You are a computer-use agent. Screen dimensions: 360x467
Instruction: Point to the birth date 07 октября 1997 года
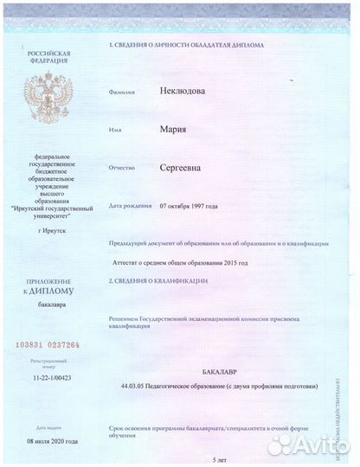point(189,206)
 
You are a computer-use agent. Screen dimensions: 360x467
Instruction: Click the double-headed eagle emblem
point(48,96)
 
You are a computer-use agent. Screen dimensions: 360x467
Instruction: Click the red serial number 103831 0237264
point(48,345)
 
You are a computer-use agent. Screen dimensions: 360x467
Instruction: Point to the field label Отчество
point(122,169)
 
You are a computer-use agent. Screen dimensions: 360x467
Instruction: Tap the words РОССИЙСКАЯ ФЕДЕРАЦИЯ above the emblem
point(48,58)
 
